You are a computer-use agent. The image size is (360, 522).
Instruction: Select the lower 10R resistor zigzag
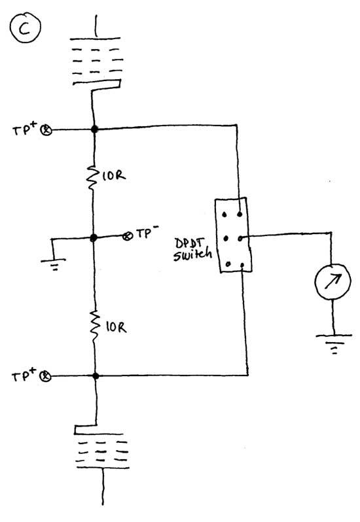tap(95, 324)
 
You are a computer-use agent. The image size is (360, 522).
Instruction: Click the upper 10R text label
tap(113, 175)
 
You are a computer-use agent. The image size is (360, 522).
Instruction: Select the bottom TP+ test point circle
tap(45, 376)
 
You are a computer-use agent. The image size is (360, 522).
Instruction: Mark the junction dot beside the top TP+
tap(95, 130)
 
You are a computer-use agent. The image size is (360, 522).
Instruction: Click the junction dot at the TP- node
tap(95, 237)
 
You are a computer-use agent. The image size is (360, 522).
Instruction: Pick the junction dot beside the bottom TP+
tap(96, 376)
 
